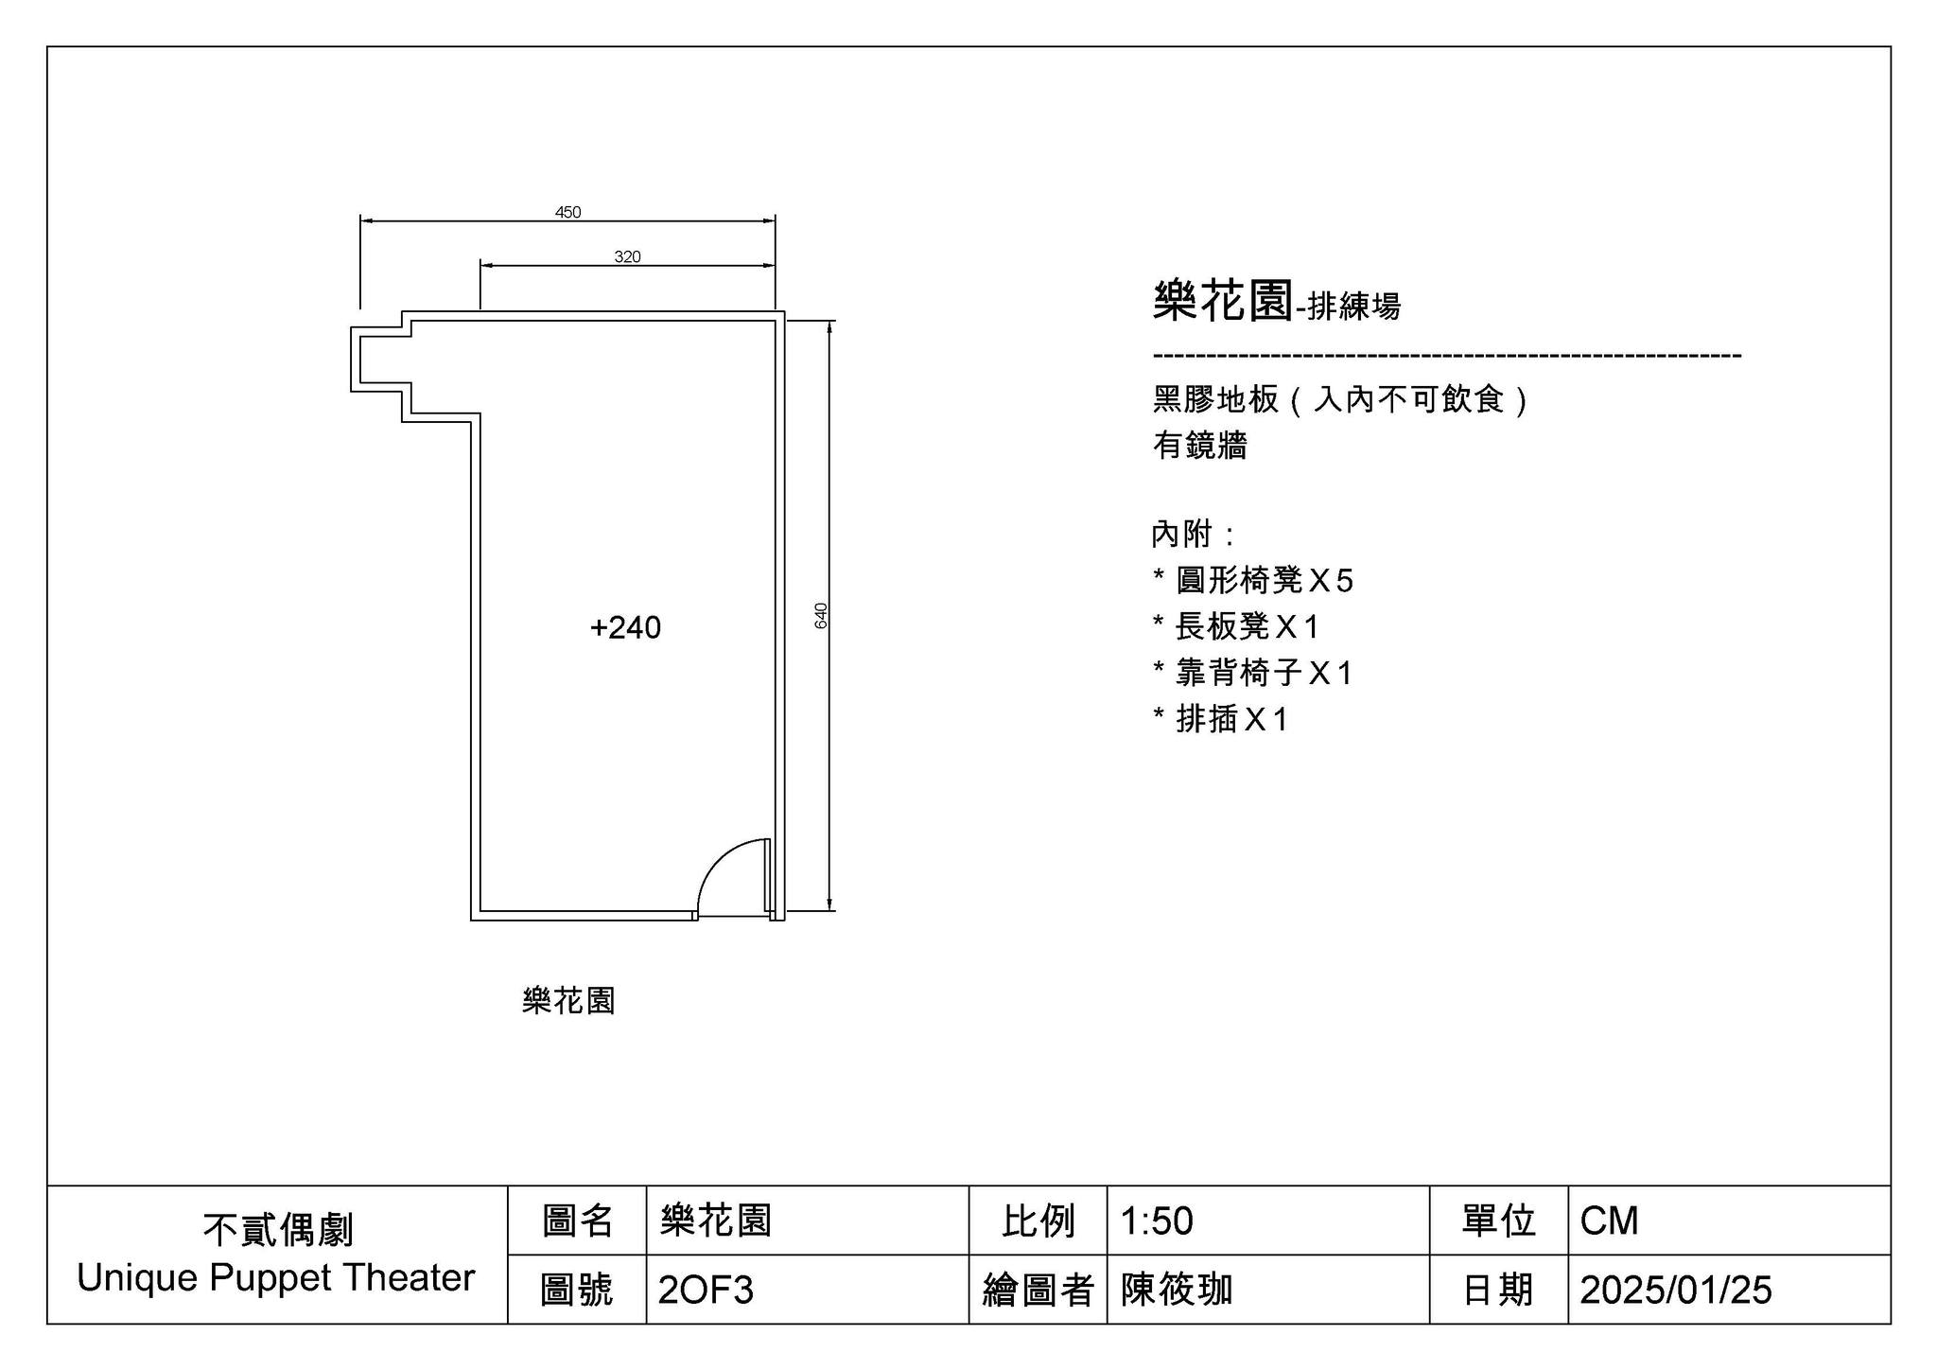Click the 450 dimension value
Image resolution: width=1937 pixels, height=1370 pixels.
pos(567,212)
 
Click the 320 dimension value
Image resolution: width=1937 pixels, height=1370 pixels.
pos(627,256)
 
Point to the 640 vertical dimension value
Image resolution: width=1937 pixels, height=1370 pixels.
pos(821,615)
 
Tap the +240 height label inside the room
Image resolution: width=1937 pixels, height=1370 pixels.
pos(625,627)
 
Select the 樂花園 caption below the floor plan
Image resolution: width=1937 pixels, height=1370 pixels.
pos(568,1000)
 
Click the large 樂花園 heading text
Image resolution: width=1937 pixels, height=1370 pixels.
pos(1223,301)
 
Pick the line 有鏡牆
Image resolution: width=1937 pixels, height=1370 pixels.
pos(1199,445)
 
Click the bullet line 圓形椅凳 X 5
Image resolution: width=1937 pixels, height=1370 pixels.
pos(1253,580)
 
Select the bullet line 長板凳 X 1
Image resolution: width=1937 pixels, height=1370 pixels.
pos(1235,626)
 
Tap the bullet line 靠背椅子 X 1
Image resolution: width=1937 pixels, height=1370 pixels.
pos(1253,673)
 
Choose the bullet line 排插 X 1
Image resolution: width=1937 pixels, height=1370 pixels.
pos(1220,719)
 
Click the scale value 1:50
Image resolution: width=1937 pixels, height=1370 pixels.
pos(1156,1221)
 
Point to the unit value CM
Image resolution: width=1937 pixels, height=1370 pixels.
pos(1609,1221)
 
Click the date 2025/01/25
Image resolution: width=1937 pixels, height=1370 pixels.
pos(1676,1290)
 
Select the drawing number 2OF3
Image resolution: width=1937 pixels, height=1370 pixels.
pos(706,1290)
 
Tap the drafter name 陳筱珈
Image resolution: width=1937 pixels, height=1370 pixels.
pos(1177,1289)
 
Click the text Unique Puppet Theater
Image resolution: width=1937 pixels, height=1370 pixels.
pos(276,1277)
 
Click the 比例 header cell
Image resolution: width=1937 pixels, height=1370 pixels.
pos(1038,1221)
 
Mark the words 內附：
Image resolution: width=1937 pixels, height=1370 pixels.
pos(1194,534)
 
